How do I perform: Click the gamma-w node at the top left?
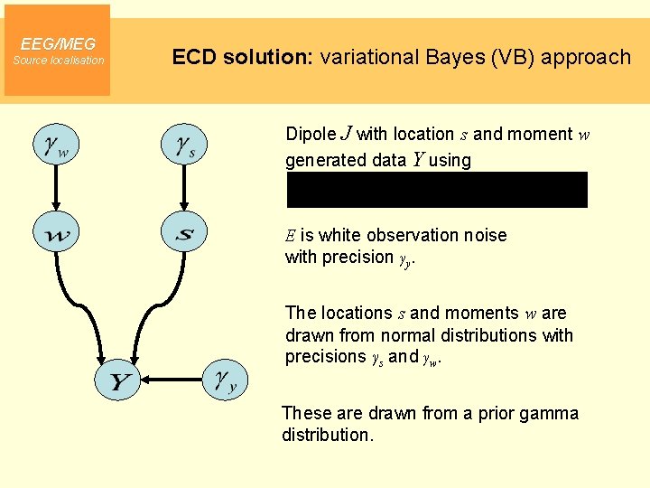[x=55, y=144]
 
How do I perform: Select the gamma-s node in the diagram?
[x=185, y=144]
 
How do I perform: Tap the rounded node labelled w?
[x=55, y=234]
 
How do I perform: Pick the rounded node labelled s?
[x=185, y=234]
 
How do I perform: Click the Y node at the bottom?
[x=119, y=382]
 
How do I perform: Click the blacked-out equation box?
[x=437, y=190]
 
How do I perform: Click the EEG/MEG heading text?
[x=58, y=43]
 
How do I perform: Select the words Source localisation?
[x=58, y=61]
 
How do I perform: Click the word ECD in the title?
[x=191, y=57]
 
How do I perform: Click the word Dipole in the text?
[x=310, y=134]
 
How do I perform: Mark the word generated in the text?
[x=325, y=161]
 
